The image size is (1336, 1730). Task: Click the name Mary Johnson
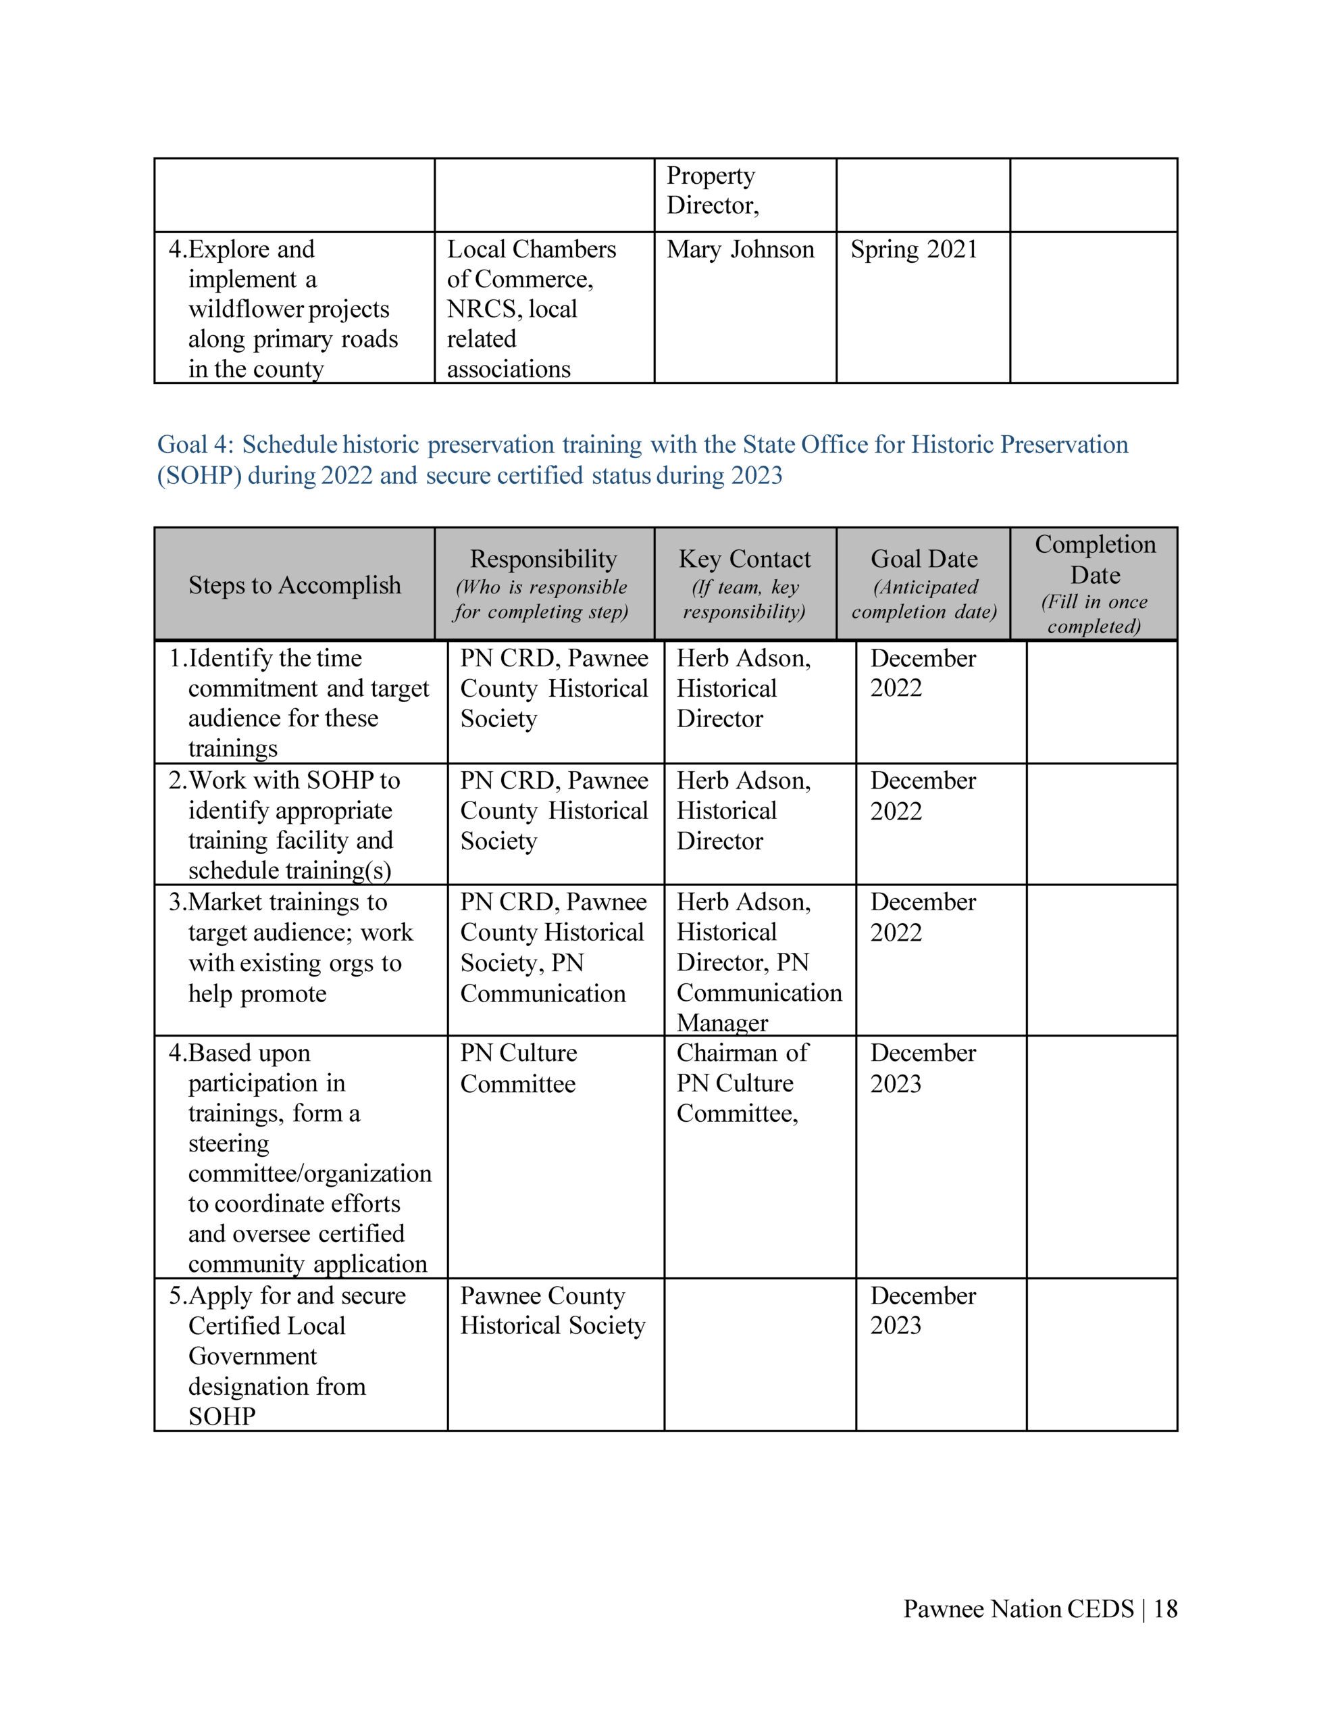pos(740,249)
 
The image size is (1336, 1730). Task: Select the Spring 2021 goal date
pos(913,249)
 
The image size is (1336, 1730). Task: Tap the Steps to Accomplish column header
pos(294,585)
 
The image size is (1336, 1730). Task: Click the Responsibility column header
pos(542,560)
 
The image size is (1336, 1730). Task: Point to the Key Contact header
pos(744,560)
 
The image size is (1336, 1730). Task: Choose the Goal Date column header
pos(923,560)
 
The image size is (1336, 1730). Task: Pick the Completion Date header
pos(1094,560)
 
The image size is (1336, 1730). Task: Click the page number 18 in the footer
pos(1165,1609)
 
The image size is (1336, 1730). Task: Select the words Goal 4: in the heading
pos(196,445)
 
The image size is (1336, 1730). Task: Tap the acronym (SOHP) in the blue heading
pos(199,475)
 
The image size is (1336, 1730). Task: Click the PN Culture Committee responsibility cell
pos(518,1068)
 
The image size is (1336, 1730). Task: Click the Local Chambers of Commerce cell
pos(531,308)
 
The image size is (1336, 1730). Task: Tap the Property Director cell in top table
pos(712,190)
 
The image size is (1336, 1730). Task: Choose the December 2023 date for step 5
pos(923,1310)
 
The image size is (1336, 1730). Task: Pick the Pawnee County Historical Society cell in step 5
pos(552,1310)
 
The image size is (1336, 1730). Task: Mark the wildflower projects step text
pos(288,309)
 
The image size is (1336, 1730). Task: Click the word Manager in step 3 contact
pos(721,1022)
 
